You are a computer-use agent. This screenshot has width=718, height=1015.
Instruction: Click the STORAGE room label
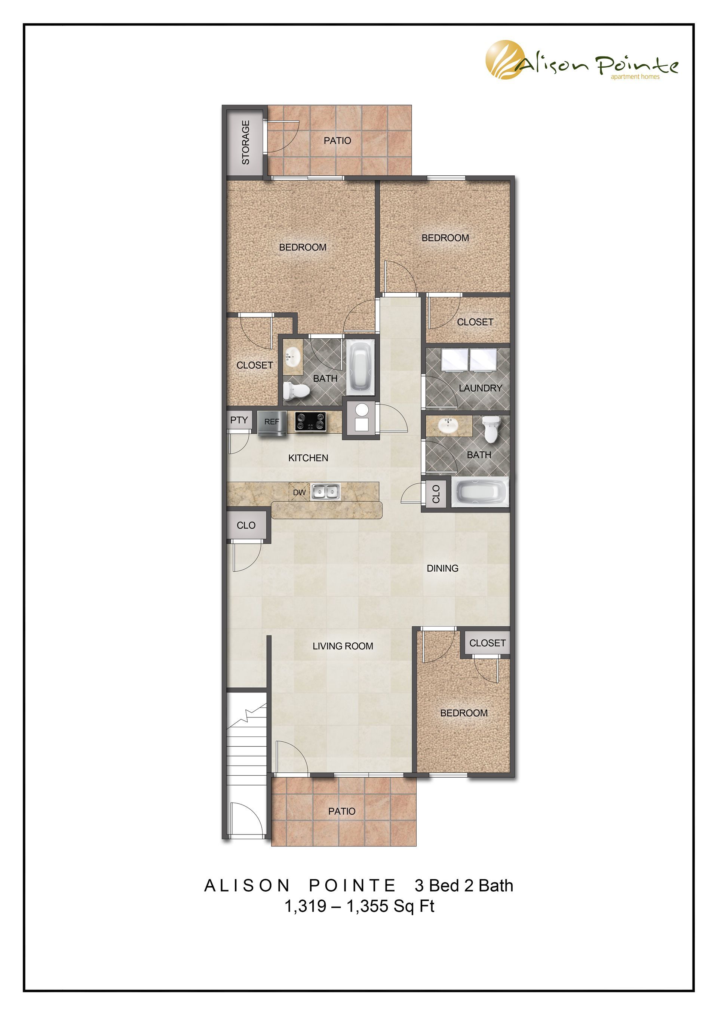pyautogui.click(x=246, y=142)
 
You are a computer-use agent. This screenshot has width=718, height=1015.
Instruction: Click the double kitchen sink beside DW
pyautogui.click(x=325, y=492)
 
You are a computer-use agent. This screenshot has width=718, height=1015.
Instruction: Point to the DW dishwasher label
pyautogui.click(x=299, y=492)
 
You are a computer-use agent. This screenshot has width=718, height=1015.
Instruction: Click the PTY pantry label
pyautogui.click(x=239, y=420)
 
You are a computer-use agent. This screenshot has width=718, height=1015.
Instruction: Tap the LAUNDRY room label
pyautogui.click(x=481, y=388)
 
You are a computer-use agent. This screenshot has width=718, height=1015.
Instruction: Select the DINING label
pyautogui.click(x=442, y=569)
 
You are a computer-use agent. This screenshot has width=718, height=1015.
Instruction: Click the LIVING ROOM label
pyautogui.click(x=343, y=646)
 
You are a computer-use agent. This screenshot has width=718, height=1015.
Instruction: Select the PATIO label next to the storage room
pyautogui.click(x=337, y=141)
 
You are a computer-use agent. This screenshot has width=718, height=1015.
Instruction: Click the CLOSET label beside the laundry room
pyautogui.click(x=475, y=322)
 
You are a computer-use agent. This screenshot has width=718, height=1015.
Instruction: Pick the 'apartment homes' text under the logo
pyautogui.click(x=635, y=77)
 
